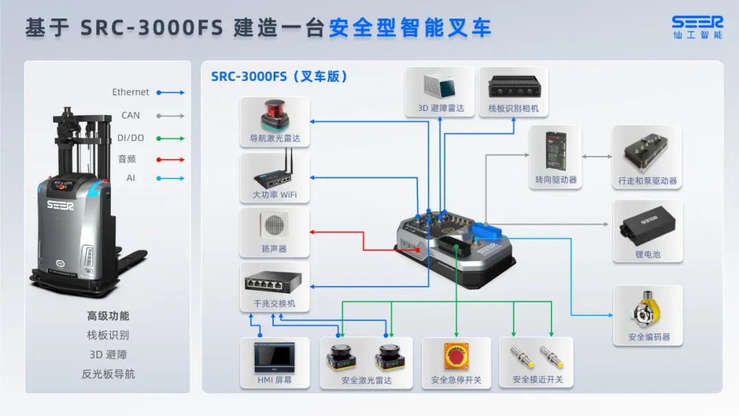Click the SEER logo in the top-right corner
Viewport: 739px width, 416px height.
[x=697, y=23]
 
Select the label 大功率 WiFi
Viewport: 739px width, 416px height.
[x=274, y=195]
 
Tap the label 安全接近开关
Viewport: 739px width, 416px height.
[x=537, y=380]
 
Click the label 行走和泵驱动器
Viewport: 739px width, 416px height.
[x=647, y=181]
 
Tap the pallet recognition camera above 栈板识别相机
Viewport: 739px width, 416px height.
[x=513, y=86]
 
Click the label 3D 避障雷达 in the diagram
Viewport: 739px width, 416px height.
[x=441, y=108]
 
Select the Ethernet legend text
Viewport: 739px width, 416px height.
[x=131, y=92]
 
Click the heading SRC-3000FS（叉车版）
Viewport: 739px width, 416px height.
[x=279, y=77]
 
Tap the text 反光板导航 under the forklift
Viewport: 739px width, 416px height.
[x=108, y=374]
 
